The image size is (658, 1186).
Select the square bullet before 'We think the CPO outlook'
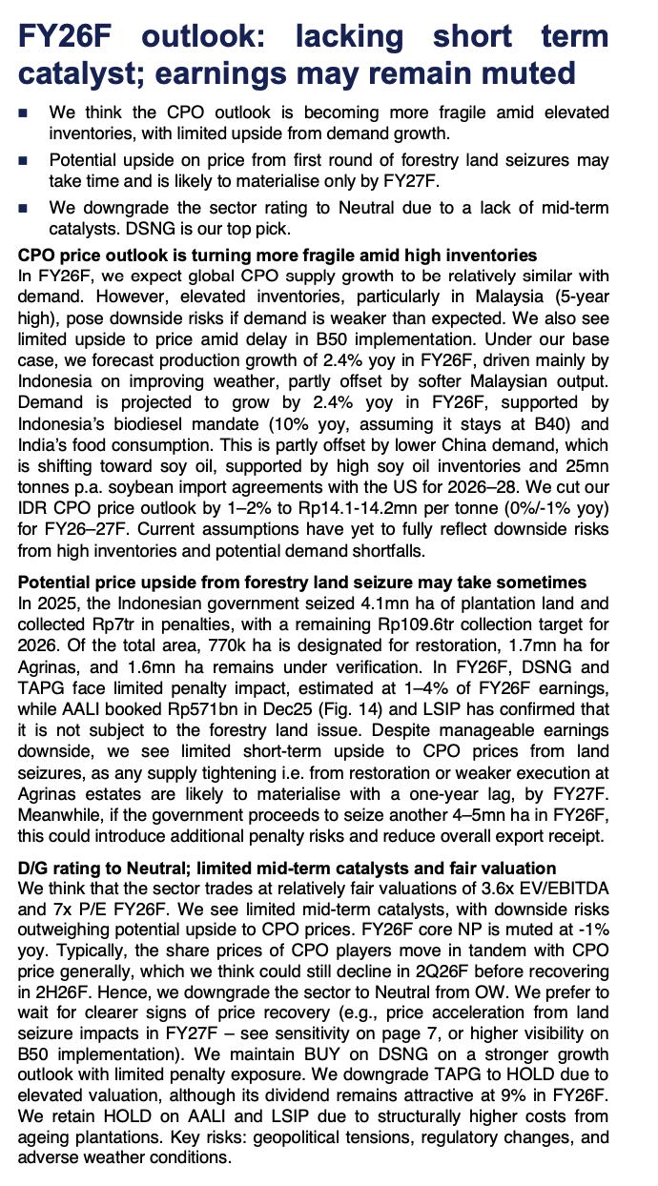[24, 113]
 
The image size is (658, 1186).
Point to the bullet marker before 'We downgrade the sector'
[24, 209]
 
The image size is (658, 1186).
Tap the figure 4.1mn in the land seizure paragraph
[341, 603]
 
